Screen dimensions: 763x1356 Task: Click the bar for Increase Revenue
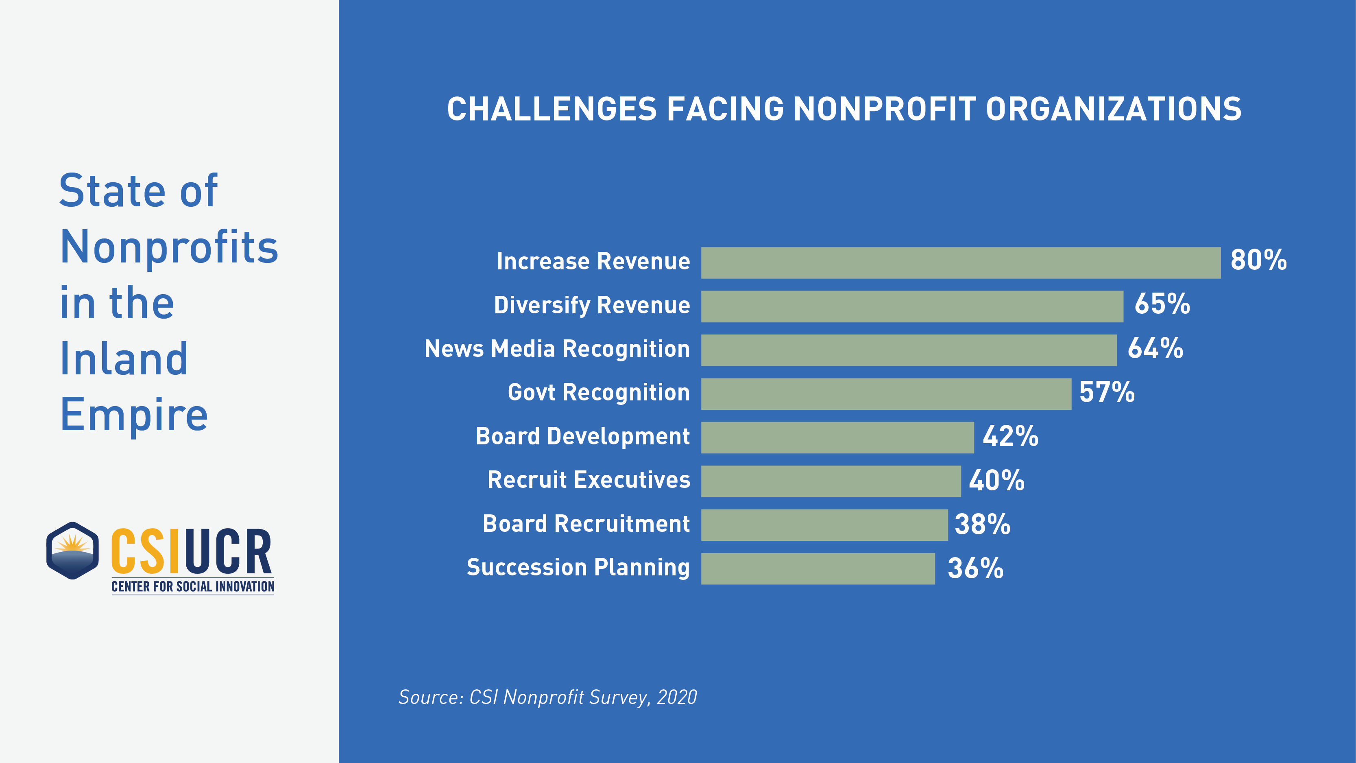(960, 263)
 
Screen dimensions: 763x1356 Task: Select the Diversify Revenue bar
(912, 306)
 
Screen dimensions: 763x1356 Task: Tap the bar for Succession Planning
(818, 569)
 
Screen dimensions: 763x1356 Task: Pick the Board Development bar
(837, 437)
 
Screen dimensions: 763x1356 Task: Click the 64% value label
(1155, 349)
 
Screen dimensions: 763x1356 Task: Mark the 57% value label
(1107, 392)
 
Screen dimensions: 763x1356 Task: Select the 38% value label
(982, 525)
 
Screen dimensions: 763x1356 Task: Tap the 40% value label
(996, 481)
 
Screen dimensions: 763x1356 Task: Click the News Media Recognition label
(557, 349)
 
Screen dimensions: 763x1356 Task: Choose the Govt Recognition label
(599, 393)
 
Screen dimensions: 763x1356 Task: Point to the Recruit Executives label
(589, 480)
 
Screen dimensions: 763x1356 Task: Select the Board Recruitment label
(586, 524)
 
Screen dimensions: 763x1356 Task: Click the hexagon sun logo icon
(73, 551)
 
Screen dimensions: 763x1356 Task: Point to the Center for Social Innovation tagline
(193, 587)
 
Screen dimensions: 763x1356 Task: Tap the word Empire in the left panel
(134, 415)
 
